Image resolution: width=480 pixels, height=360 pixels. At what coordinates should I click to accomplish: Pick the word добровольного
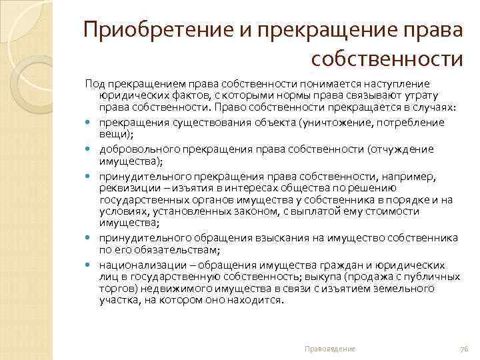tap(135, 149)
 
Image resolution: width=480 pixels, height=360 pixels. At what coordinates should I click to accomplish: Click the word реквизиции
tap(127, 187)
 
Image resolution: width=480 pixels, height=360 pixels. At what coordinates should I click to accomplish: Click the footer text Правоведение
tap(330, 349)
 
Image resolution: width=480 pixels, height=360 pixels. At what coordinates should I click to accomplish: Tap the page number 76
tap(465, 349)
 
